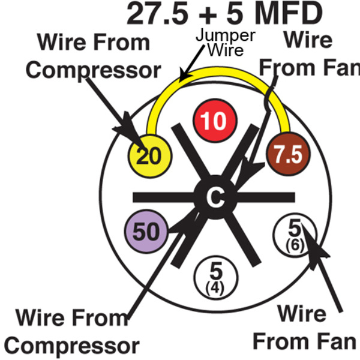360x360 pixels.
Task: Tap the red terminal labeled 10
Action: click(214, 122)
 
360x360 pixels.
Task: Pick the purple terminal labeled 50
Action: click(145, 231)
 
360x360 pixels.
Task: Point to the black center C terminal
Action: click(214, 197)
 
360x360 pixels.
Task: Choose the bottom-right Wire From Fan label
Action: click(304, 328)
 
